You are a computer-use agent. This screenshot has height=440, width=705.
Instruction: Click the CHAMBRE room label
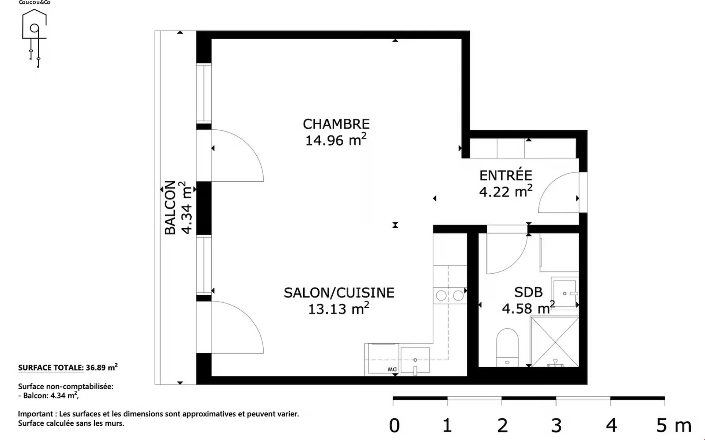(336, 124)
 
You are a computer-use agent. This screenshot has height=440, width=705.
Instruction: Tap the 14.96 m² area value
(336, 140)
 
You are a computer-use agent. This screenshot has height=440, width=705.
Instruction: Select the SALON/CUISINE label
(339, 293)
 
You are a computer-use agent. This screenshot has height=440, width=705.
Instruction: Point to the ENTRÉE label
(506, 175)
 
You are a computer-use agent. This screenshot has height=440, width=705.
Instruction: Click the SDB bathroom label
(528, 292)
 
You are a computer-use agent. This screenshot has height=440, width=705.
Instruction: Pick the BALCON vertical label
(170, 208)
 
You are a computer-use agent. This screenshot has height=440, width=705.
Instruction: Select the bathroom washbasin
(565, 293)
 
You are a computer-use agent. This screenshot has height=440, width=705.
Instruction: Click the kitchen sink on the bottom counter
(415, 361)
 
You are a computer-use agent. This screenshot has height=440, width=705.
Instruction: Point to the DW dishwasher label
(392, 369)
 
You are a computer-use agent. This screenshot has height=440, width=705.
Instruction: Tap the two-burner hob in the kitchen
(450, 295)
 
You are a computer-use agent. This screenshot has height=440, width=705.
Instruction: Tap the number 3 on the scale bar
(556, 425)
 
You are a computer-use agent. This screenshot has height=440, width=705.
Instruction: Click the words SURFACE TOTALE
(51, 368)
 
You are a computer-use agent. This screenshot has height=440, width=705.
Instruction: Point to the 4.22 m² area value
(506, 191)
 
